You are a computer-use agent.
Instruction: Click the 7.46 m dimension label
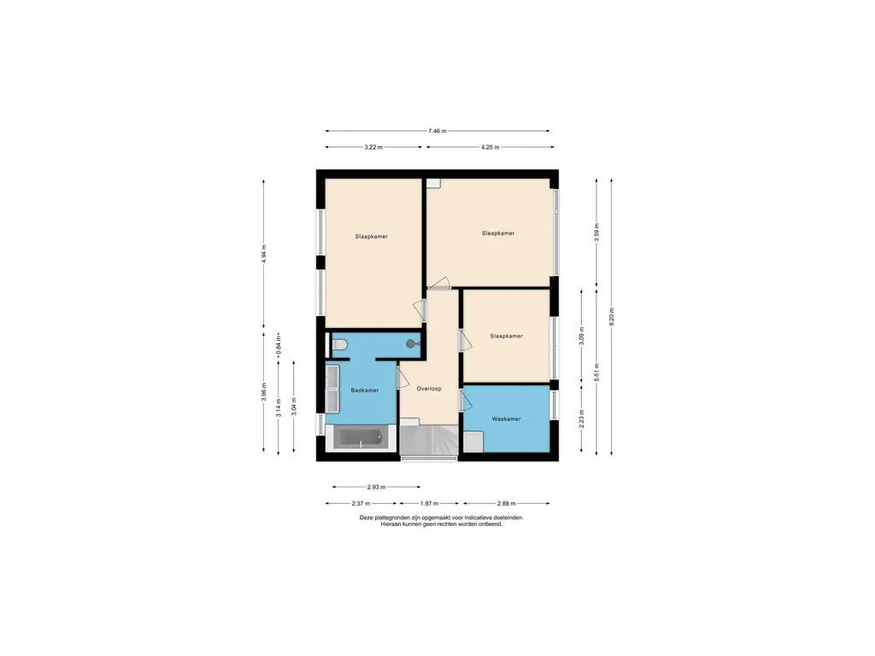[x=437, y=131]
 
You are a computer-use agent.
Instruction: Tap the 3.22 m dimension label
[x=373, y=147]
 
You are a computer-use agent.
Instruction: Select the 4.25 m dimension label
[x=490, y=147]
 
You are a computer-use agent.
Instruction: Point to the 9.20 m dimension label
[x=612, y=317]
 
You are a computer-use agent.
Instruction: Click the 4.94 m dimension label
[x=264, y=254]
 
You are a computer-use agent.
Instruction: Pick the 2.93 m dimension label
[x=376, y=487]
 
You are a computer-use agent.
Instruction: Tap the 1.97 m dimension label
[x=429, y=503]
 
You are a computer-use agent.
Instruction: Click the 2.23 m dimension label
[x=581, y=418]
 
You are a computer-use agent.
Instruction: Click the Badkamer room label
[x=364, y=390]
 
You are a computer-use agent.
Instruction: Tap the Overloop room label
[x=429, y=389]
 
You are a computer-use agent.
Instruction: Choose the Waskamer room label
[x=506, y=419]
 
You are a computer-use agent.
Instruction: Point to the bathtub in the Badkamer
[x=361, y=437]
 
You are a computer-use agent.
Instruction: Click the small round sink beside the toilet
[x=412, y=344]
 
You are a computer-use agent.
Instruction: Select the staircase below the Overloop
[x=429, y=440]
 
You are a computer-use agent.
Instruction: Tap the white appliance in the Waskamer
[x=473, y=442]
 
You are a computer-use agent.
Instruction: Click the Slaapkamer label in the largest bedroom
[x=498, y=233]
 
